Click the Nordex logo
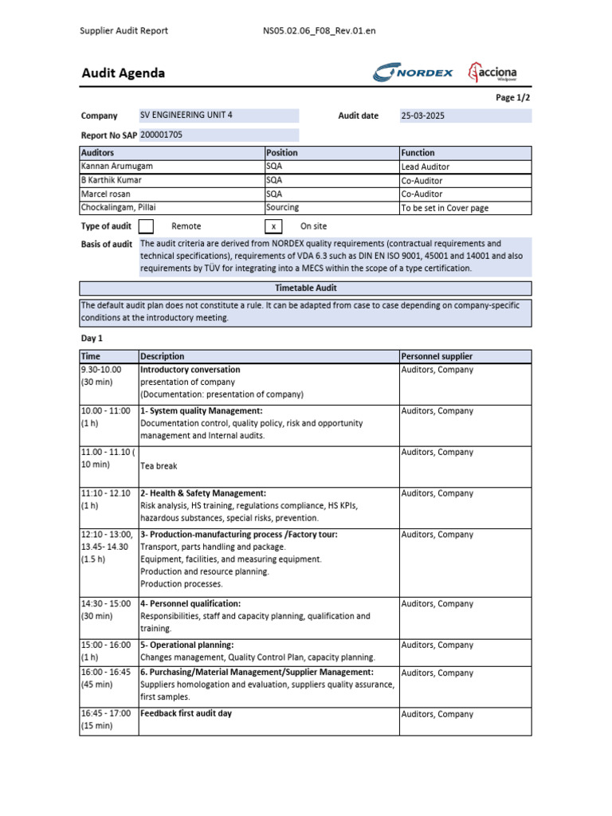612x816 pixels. coord(413,73)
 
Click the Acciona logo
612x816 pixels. coord(492,73)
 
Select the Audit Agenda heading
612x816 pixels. coord(124,73)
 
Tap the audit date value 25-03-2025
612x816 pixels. coord(423,116)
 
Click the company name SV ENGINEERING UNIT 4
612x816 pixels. coord(186,115)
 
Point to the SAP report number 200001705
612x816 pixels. coord(162,135)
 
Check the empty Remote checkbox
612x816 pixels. coord(147,226)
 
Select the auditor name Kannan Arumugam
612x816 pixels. coord(116,167)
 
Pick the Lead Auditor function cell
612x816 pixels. coord(426,167)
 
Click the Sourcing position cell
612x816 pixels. coord(283,207)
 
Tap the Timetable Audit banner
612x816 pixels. coord(305,288)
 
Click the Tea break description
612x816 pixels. coord(159,466)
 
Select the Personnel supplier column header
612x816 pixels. coord(437,356)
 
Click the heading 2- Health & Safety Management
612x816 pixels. coord(203,493)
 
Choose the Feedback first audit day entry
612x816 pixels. coord(186,713)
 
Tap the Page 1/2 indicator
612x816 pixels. coord(512,97)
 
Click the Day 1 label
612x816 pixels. coord(92,339)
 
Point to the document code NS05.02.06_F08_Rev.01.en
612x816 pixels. coord(319,31)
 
